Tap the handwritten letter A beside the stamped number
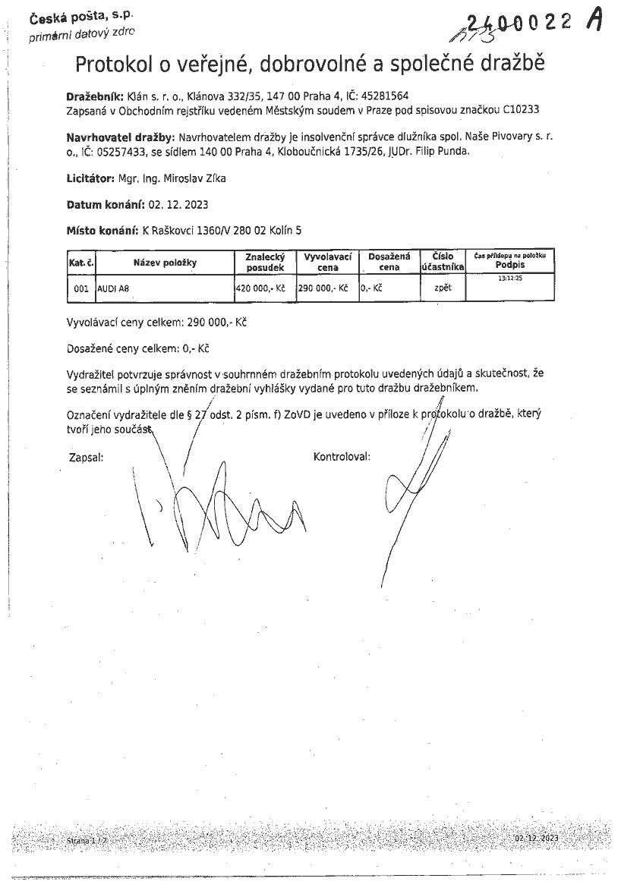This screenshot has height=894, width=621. pyautogui.click(x=594, y=21)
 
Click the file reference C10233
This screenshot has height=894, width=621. pyautogui.click(x=521, y=110)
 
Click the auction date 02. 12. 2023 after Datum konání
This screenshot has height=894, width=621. pyautogui.click(x=178, y=205)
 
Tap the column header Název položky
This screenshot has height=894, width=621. pyautogui.click(x=165, y=263)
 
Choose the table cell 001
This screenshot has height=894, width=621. pyautogui.click(x=81, y=289)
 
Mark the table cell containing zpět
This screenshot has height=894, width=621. pyautogui.click(x=443, y=288)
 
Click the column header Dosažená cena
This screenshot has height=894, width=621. pyautogui.click(x=389, y=263)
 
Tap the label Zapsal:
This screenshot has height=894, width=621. pyautogui.click(x=85, y=457)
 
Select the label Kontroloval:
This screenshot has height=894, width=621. pyautogui.click(x=341, y=457)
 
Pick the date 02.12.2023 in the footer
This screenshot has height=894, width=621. pyautogui.click(x=536, y=838)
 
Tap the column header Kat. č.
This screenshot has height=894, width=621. pyautogui.click(x=80, y=263)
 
